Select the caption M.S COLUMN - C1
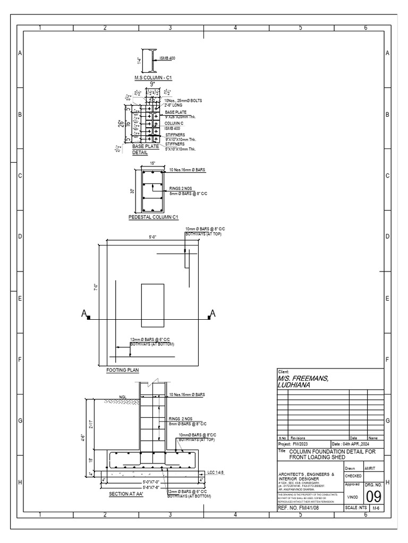[154, 77]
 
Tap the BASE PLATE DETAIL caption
[140, 149]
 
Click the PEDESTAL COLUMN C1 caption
[153, 217]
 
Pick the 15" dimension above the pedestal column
[152, 163]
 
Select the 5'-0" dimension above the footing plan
[153, 237]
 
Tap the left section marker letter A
[84, 314]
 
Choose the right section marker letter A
[213, 314]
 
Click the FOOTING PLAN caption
[122, 370]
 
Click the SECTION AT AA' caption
[126, 494]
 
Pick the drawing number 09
[373, 496]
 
